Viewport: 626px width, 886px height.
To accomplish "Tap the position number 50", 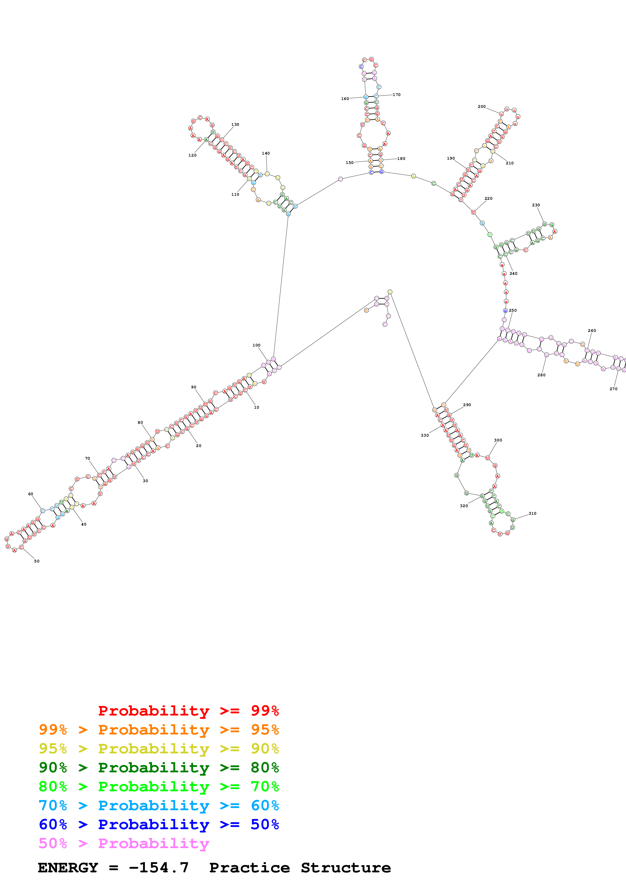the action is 37,561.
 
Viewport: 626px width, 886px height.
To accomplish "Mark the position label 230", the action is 536,205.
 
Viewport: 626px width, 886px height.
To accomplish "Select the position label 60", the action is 31,494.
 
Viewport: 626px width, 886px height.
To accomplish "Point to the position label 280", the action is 541,375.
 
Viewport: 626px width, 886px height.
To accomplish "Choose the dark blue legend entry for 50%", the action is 159,824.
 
